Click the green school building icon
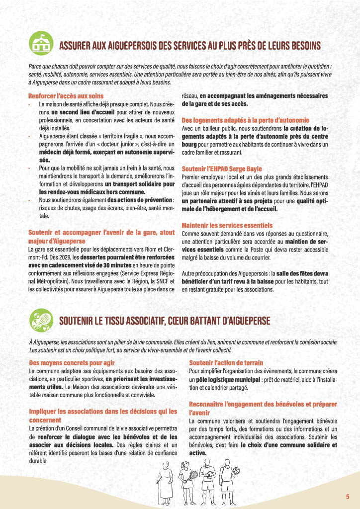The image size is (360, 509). pos(41,44)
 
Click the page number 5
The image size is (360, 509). pos(348,497)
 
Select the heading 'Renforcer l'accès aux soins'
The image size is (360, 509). pos(66,95)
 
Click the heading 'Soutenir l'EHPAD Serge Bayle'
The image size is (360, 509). pos(221,169)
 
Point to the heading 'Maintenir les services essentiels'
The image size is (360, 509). pos(227,225)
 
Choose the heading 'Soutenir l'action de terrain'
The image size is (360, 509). pos(226,363)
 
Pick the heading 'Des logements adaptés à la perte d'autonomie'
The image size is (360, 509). pos(245,120)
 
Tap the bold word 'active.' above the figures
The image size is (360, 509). pos(197,453)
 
